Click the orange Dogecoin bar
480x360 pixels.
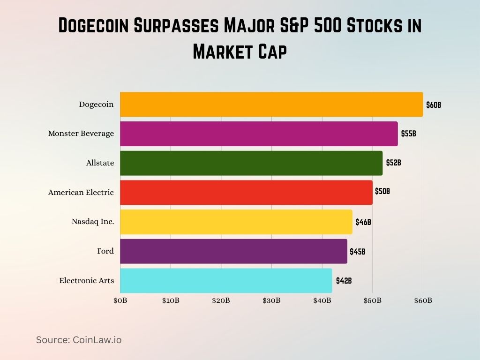click(x=271, y=105)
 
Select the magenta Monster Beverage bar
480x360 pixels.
click(x=259, y=134)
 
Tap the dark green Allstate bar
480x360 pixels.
click(x=251, y=163)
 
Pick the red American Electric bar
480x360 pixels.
click(x=246, y=192)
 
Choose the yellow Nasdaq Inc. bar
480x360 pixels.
click(x=236, y=222)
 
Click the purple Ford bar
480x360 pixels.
click(x=233, y=251)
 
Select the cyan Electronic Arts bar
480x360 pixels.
click(x=226, y=280)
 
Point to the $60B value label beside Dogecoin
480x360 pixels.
click(x=433, y=105)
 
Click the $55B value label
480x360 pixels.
click(x=408, y=134)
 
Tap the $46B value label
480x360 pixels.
click(x=363, y=222)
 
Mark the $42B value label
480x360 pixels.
click(x=344, y=281)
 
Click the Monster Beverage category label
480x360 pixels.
click(x=81, y=134)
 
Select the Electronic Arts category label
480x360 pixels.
click(x=86, y=280)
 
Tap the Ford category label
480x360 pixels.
click(x=105, y=251)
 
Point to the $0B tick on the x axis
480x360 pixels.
click(x=120, y=300)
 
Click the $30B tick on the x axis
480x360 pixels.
click(x=271, y=300)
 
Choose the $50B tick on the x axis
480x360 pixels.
click(x=373, y=300)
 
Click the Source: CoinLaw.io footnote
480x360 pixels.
click(x=79, y=340)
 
